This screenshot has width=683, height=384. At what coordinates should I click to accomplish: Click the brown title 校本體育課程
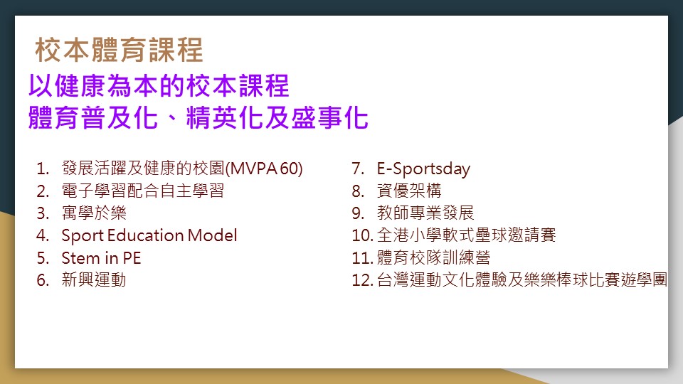[119, 50]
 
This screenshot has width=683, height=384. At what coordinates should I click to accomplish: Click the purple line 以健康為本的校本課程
[159, 85]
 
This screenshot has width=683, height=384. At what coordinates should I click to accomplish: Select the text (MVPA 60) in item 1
[264, 169]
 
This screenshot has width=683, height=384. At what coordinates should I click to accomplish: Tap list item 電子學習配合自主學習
[143, 191]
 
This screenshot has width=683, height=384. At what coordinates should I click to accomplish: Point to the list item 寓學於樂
[94, 213]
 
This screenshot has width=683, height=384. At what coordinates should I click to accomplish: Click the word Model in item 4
[213, 235]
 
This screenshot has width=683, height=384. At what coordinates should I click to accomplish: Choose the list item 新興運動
[94, 279]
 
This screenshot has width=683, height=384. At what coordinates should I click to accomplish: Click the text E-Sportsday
[423, 169]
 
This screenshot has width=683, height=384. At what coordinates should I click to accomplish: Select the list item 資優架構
[410, 191]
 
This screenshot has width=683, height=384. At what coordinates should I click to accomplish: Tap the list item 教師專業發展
[425, 213]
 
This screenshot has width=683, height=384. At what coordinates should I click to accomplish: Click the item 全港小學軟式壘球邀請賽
[467, 235]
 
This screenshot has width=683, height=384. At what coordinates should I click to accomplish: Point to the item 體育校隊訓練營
[434, 257]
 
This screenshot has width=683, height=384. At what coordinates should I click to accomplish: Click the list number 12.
[362, 280]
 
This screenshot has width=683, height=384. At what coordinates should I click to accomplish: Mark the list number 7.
[358, 169]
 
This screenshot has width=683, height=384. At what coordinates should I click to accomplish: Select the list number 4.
[43, 235]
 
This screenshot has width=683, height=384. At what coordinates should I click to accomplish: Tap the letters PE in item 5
[132, 257]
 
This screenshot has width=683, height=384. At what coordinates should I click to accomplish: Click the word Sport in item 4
[83, 236]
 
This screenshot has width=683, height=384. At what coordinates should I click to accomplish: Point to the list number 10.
[362, 235]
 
